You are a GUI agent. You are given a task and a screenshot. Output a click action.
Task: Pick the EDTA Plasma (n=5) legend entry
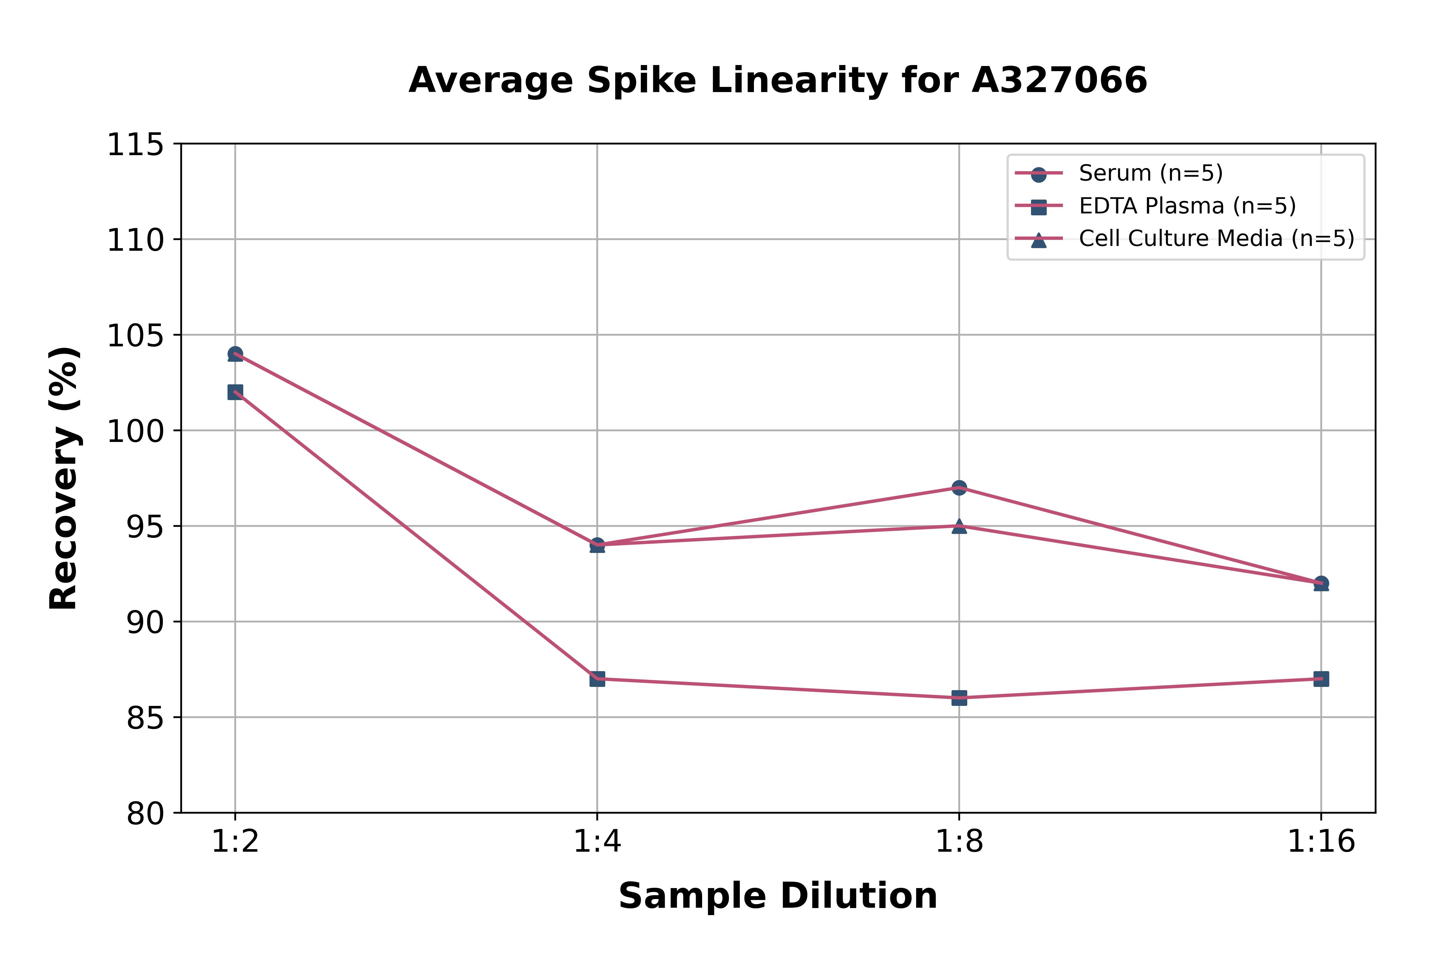pyautogui.click(x=1187, y=206)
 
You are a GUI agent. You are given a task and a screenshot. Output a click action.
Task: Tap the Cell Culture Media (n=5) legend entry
pyautogui.click(x=1216, y=239)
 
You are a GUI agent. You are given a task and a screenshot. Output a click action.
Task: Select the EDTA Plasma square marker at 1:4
pyautogui.click(x=597, y=679)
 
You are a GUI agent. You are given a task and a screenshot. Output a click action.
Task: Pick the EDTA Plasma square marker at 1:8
pyautogui.click(x=959, y=698)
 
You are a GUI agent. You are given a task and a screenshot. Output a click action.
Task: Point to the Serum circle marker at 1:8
pyautogui.click(x=959, y=488)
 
